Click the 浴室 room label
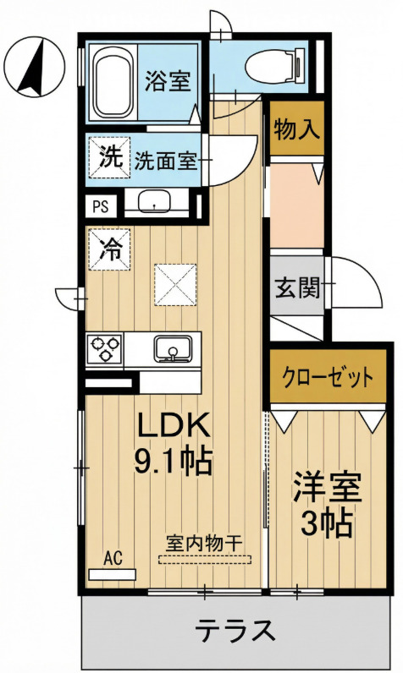pos(167,82)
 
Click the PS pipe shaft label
pos(101,205)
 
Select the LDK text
pos(172,424)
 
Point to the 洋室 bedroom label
pos(327,489)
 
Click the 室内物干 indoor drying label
pos(203,542)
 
